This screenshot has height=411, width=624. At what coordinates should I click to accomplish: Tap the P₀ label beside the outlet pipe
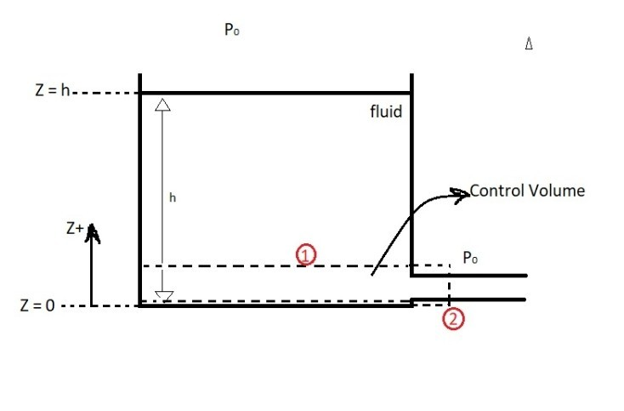469,256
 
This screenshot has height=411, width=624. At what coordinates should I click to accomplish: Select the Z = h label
53,92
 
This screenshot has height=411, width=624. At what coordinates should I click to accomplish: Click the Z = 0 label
37,305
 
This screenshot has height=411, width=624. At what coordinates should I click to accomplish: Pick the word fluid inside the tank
385,111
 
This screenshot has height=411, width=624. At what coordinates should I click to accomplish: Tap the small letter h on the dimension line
173,197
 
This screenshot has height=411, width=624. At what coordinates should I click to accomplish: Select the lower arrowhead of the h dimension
165,295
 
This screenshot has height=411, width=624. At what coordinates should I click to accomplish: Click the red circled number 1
306,254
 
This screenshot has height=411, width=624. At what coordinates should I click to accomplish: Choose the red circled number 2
454,320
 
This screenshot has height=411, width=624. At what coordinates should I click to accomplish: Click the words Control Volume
527,191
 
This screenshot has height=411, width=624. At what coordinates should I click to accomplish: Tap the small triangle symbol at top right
529,44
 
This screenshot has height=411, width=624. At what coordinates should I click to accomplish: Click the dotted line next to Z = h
106,92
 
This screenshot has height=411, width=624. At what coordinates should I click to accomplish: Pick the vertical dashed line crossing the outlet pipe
449,287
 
